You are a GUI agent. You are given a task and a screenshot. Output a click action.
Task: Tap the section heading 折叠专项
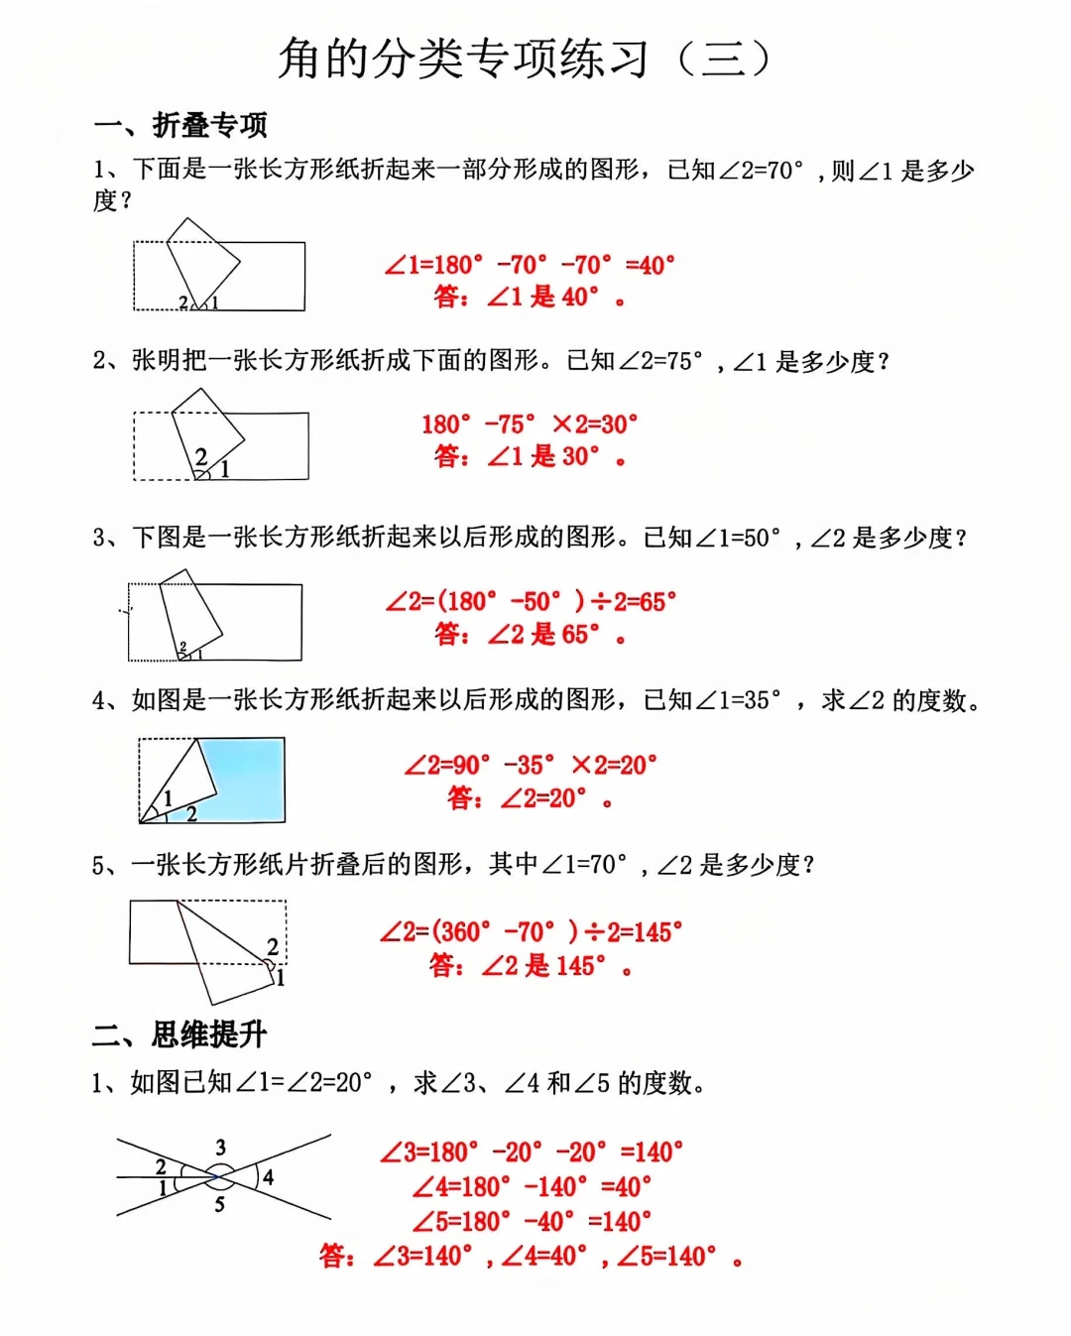pos(209,125)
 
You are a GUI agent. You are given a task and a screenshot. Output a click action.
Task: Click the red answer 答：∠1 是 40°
pos(530,296)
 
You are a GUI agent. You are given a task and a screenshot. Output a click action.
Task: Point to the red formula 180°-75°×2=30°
pos(530,425)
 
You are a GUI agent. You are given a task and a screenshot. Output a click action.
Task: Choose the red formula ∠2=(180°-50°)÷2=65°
pos(531,601)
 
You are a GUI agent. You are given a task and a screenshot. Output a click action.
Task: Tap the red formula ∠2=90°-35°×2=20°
pos(531,765)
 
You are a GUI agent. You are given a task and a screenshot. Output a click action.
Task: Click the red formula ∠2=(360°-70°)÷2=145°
pos(531,931)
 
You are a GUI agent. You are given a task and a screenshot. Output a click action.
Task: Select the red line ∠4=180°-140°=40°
pos(532,1186)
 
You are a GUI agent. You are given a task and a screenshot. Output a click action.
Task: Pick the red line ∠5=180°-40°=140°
pos(532,1221)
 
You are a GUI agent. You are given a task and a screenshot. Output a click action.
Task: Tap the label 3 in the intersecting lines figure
pos(220,1147)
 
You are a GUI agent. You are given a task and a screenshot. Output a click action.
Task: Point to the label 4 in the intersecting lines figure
pos(268,1177)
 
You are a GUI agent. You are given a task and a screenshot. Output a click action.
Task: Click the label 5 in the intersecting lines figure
pos(219,1204)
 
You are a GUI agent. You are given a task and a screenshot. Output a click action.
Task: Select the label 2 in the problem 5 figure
pos(273,946)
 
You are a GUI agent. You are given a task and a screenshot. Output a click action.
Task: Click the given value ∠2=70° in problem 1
pos(760,171)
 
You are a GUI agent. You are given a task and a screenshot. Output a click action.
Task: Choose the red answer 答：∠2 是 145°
pos(531,965)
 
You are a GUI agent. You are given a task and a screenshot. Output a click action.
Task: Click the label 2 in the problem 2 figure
pos(201,456)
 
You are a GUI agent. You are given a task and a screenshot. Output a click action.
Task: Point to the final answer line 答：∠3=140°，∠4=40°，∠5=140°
pos(531,1257)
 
